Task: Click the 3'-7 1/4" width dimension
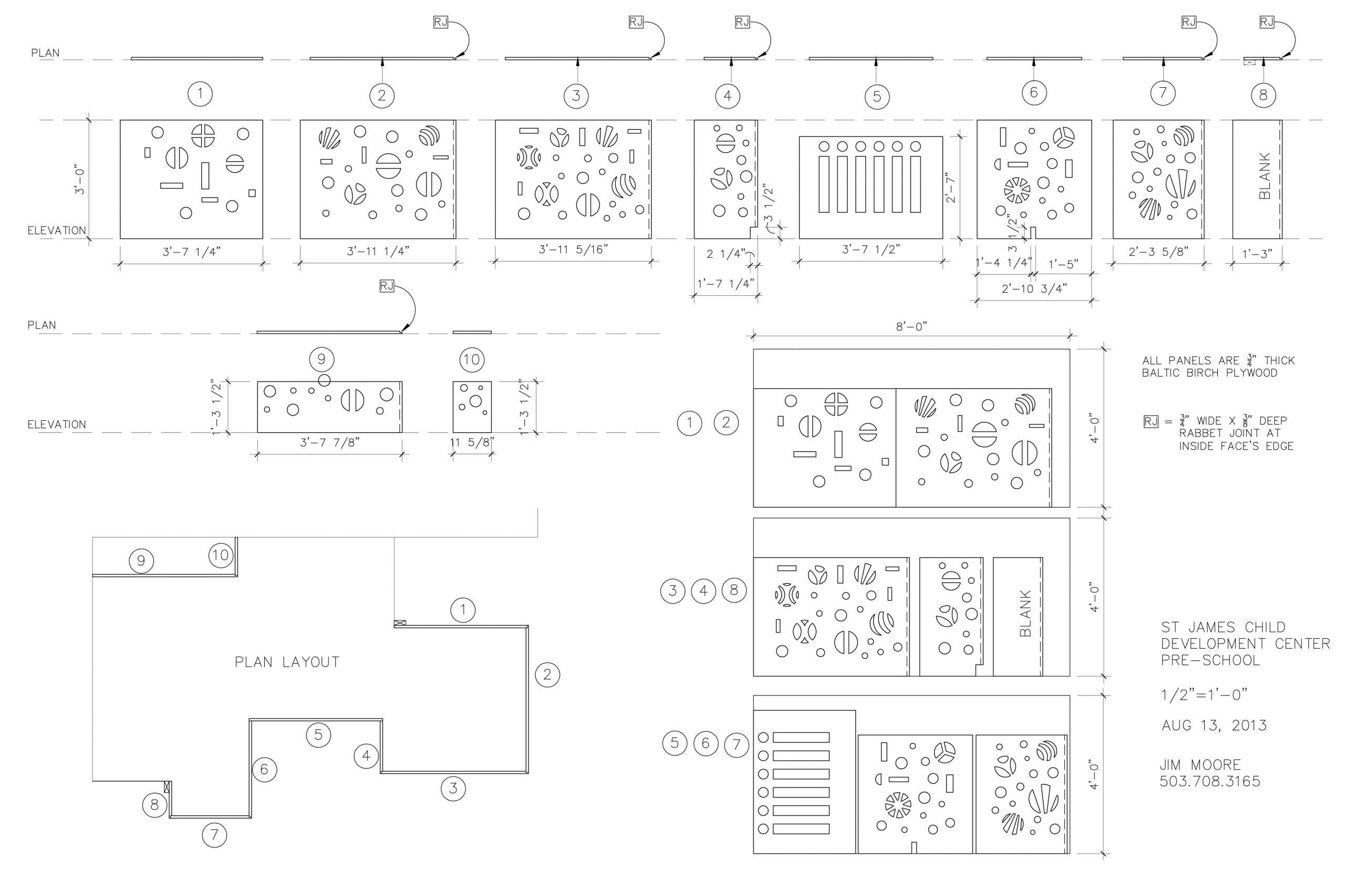191,252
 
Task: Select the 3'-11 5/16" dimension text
573,248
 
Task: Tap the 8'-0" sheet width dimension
911,327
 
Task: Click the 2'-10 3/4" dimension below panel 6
1033,288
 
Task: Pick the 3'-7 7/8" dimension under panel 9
329,442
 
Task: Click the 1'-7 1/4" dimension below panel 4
726,284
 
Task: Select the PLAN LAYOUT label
287,662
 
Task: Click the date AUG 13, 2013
1213,726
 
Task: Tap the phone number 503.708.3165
1209,781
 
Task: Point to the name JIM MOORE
1200,765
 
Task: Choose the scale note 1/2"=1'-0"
1204,695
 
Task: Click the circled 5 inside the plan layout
318,734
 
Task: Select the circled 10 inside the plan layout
220,555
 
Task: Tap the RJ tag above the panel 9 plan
386,286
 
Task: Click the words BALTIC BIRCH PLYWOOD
1209,373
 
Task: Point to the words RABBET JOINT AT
1224,433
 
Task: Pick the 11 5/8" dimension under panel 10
472,442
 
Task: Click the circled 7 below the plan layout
214,835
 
